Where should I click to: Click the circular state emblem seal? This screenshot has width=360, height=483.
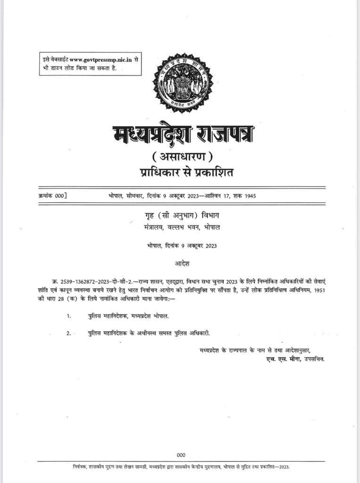tap(183, 83)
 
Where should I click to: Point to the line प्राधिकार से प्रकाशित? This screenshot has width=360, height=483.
tap(182, 172)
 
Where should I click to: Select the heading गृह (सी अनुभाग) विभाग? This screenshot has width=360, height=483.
tap(182, 216)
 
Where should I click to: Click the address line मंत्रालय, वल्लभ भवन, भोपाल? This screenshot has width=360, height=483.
tap(182, 227)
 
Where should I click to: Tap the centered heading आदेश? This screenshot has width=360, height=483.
tap(182, 262)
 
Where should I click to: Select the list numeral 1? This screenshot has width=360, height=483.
tap(69, 316)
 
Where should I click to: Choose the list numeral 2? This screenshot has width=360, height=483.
tap(69, 333)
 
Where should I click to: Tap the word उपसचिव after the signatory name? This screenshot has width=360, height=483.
tap(312, 359)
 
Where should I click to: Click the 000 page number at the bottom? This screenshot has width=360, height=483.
tap(181, 455)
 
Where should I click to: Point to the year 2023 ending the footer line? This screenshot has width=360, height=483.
tap(283, 467)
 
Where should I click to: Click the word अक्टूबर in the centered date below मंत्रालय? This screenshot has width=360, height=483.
tap(198, 246)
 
